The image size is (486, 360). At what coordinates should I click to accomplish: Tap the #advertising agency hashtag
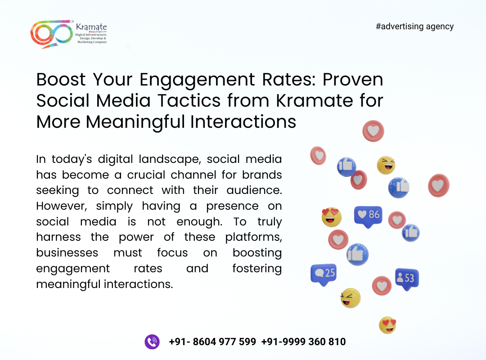[x=415, y=27]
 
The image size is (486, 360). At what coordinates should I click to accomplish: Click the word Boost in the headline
[x=61, y=79]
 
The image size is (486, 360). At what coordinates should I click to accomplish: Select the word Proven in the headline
[x=353, y=79]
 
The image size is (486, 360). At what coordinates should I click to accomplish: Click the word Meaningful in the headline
[x=135, y=122]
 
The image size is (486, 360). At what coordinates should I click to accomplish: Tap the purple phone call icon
[x=152, y=342]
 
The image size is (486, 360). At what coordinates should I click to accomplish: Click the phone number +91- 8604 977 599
[x=212, y=342]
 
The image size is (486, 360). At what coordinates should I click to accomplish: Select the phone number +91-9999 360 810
[x=303, y=342]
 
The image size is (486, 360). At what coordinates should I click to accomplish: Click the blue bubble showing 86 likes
[x=368, y=216]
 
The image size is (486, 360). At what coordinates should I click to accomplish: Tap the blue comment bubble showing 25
[x=323, y=274]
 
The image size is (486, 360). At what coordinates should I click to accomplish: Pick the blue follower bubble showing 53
[x=407, y=279]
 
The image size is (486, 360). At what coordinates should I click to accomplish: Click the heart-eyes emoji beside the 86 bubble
[x=331, y=217]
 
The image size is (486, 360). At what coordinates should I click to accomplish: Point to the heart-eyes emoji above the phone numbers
[x=387, y=325]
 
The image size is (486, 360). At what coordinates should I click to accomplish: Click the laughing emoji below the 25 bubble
[x=350, y=298]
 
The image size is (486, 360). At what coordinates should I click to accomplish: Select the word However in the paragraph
[x=62, y=206]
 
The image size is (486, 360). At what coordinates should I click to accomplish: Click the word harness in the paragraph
[x=58, y=237]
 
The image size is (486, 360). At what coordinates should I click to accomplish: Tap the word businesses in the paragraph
[x=67, y=253]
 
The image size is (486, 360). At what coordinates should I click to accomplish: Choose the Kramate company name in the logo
[x=91, y=27]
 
